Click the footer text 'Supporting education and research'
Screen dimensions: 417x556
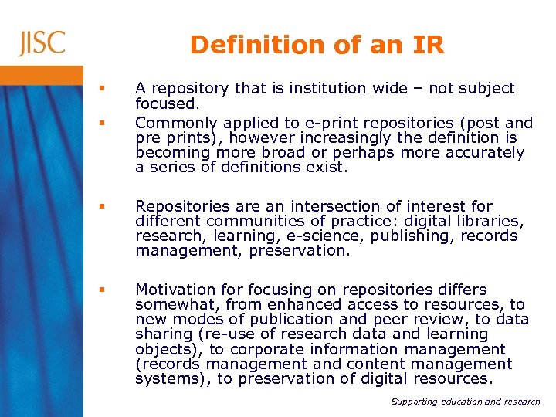click(x=466, y=402)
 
